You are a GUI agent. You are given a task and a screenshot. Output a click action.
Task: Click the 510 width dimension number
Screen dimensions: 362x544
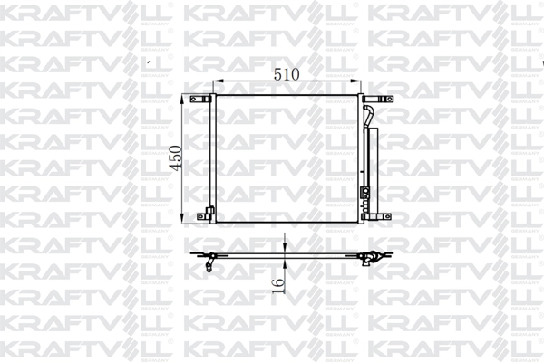[287, 75]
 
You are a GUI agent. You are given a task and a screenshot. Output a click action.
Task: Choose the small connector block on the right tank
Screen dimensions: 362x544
[365, 191]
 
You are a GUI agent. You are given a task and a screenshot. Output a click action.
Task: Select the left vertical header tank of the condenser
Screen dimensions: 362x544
[214, 158]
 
